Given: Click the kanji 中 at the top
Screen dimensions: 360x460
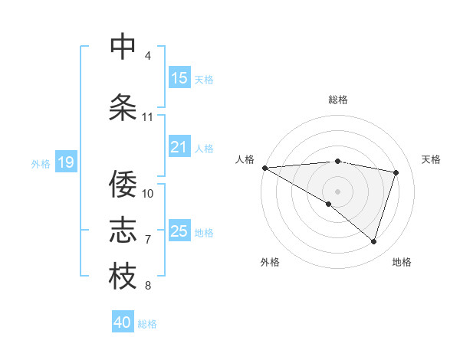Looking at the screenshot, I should coord(123,46).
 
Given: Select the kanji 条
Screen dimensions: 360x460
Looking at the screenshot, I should coord(123,107).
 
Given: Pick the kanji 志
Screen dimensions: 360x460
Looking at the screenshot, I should coord(123,230).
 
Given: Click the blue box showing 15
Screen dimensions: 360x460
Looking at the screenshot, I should coord(179,78).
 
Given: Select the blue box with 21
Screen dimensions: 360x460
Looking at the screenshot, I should coord(179,147).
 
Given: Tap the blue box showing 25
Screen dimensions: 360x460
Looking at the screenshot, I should coord(179,231).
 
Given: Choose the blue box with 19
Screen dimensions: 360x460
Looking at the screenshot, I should coord(65,162).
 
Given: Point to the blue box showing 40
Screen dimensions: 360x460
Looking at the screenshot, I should coord(123,322).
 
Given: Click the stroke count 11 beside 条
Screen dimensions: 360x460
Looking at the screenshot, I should coord(147,117).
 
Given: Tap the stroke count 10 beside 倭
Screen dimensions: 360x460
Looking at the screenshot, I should coord(148,193).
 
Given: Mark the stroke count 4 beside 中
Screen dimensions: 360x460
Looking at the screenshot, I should coord(148,56).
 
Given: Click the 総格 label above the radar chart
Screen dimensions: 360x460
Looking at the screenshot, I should coord(337,100).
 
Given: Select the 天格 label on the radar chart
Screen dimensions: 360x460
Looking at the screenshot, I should coord(431,159).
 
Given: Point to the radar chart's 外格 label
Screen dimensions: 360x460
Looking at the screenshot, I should coord(269,262).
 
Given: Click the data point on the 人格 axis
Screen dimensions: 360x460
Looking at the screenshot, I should coord(264,167).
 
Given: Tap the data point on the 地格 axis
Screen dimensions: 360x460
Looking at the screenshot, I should coord(373,241).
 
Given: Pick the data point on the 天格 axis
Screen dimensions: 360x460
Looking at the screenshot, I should coord(396,172).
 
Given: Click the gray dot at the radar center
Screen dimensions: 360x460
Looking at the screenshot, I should coord(337,191).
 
